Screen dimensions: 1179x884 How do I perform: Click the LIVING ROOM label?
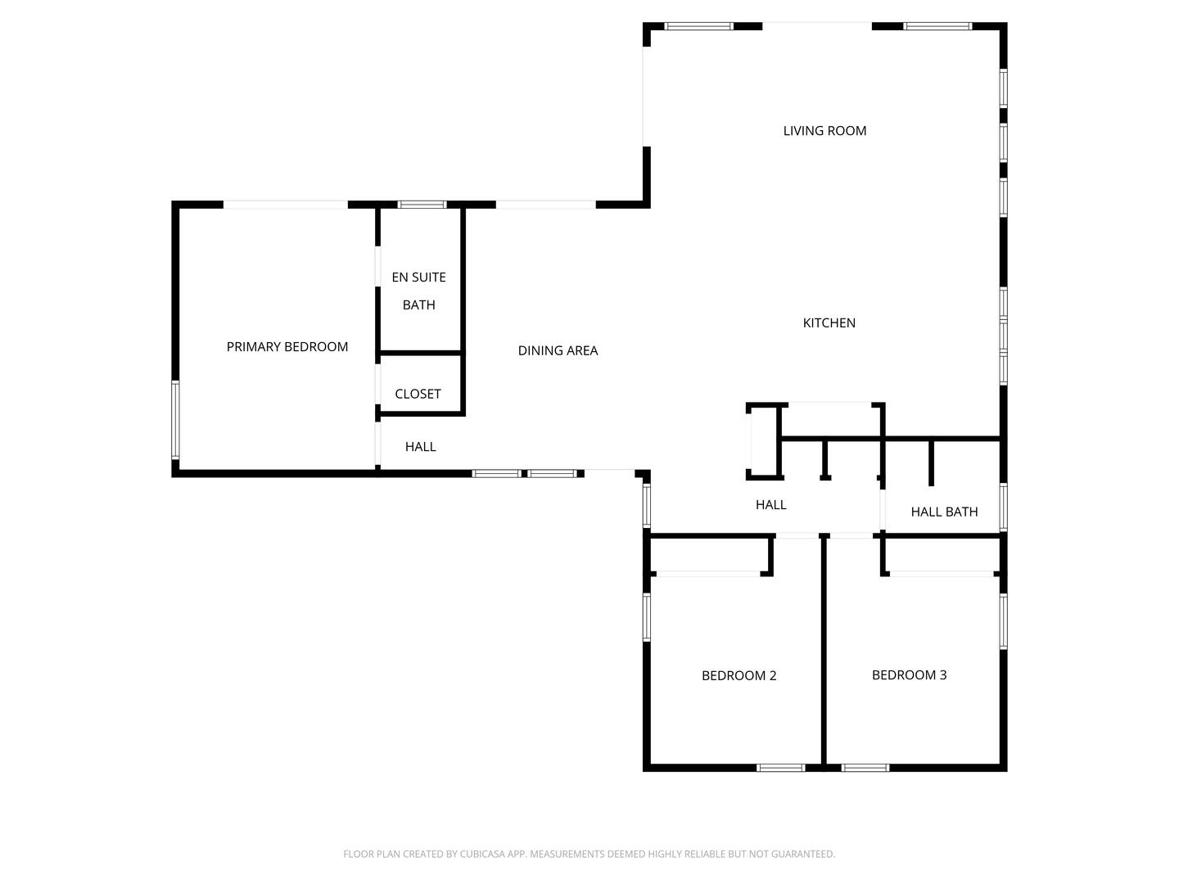(824, 131)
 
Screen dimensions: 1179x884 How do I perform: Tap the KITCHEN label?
(829, 323)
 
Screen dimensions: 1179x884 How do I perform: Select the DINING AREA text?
(558, 351)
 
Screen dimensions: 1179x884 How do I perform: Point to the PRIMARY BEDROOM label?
(287, 347)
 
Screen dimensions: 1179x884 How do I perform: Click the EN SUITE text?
(418, 277)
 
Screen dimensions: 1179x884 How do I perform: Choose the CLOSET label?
(418, 394)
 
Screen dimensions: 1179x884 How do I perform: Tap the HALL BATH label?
(944, 512)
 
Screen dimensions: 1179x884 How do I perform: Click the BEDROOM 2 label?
(739, 676)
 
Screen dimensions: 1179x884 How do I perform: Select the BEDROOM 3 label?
(909, 675)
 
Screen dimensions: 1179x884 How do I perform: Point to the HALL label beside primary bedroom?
(420, 447)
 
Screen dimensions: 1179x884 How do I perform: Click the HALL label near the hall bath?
(770, 505)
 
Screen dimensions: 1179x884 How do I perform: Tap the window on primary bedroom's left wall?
(175, 420)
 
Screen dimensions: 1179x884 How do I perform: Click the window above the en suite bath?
(422, 205)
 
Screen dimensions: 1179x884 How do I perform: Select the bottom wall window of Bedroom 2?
(780, 768)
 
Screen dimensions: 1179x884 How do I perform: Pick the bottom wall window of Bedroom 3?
(865, 768)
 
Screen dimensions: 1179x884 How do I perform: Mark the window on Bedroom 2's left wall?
(647, 617)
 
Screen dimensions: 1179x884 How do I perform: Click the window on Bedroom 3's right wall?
(1003, 621)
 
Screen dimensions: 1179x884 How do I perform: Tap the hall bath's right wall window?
(1003, 507)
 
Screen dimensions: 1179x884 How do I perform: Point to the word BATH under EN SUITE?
(418, 305)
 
